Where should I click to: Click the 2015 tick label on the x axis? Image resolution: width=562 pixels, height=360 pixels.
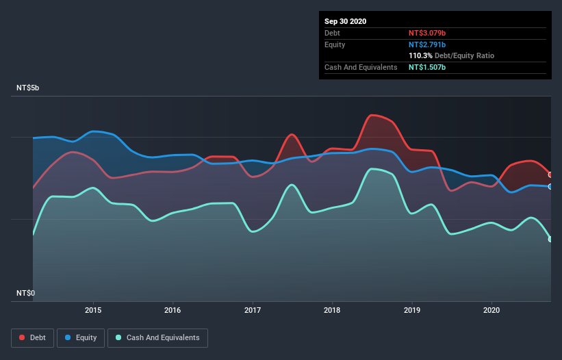[x=93, y=310]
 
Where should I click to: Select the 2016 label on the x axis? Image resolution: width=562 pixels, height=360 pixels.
[x=173, y=310]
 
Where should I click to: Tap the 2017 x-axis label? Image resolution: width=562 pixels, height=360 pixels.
[x=253, y=310]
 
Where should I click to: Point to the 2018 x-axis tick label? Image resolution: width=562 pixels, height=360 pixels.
[x=332, y=310]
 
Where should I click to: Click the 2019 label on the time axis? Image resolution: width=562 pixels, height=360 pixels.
[x=412, y=310]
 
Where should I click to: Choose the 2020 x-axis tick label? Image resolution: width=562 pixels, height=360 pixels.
[x=491, y=310]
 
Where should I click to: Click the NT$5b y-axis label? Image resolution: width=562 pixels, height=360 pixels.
[x=29, y=88]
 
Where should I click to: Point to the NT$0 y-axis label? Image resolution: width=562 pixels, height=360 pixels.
[x=25, y=293]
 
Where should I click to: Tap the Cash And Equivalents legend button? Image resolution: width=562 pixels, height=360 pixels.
[x=157, y=337]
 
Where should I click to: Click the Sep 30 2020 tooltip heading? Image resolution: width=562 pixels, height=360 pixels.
[x=345, y=21]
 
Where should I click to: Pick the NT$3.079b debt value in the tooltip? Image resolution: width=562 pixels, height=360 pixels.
[x=427, y=33]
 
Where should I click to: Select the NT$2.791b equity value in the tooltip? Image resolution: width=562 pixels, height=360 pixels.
[x=427, y=44]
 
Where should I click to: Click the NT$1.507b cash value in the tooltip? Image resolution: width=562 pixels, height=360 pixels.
[x=427, y=67]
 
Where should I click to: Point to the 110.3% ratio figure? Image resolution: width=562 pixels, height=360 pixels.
[x=420, y=55]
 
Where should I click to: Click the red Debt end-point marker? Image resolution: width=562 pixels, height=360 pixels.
[x=550, y=175]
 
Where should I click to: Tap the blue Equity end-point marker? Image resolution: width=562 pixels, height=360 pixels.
[x=550, y=186]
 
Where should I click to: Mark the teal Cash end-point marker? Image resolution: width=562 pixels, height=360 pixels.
[x=550, y=239]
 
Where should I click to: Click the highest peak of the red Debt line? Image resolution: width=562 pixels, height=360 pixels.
[x=372, y=115]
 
